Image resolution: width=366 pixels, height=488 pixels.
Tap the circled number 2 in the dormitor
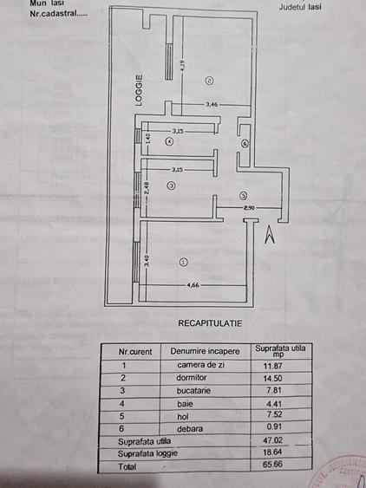209,81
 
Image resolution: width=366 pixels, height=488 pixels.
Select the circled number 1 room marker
182,260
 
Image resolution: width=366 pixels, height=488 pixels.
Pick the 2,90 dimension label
250,208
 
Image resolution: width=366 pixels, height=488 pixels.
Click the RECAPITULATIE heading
209,322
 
